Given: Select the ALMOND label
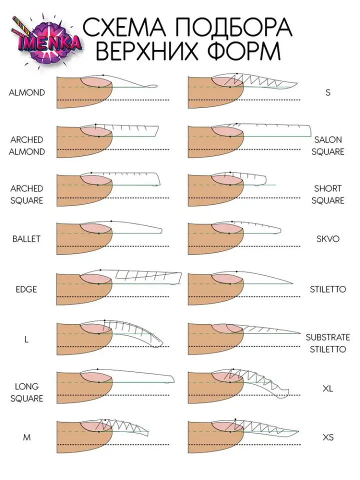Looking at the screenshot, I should (26, 92).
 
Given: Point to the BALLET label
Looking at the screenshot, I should (26, 238).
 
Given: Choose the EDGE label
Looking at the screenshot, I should (26, 289).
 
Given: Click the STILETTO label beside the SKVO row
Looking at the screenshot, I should (327, 289).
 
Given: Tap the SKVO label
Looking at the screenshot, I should (328, 238).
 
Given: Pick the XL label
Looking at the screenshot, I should (328, 388).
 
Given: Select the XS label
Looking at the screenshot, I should (328, 437).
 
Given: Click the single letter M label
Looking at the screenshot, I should (26, 437).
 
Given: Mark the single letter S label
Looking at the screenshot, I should (328, 92).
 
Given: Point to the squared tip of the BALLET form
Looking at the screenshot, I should (160, 231).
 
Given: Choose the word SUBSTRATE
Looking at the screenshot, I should (328, 337).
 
